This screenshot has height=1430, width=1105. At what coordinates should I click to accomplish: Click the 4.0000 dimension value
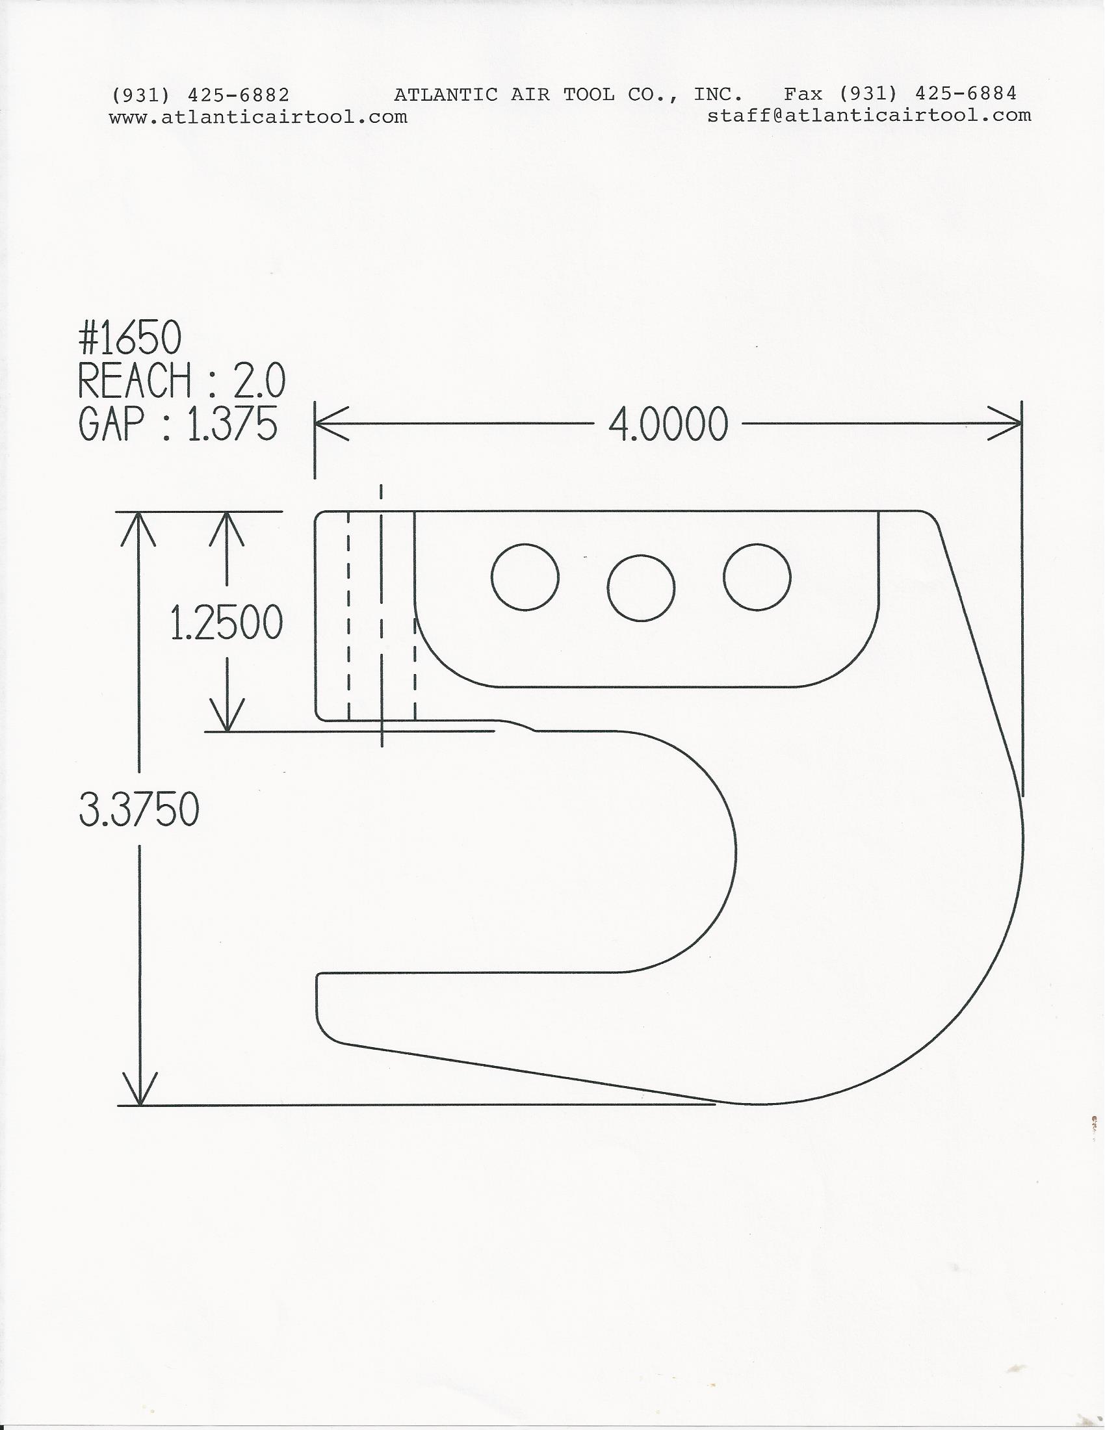pos(668,424)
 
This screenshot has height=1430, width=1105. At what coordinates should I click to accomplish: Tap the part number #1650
pos(129,340)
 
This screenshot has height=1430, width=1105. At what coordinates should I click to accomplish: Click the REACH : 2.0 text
pos(182,381)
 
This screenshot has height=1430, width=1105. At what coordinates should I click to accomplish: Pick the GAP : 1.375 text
pos(178,423)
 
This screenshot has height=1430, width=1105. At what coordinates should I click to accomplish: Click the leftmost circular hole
pos(525,577)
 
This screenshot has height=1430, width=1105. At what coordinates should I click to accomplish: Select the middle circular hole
pos(641,588)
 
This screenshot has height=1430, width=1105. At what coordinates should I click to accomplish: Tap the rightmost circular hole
pos(757,577)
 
